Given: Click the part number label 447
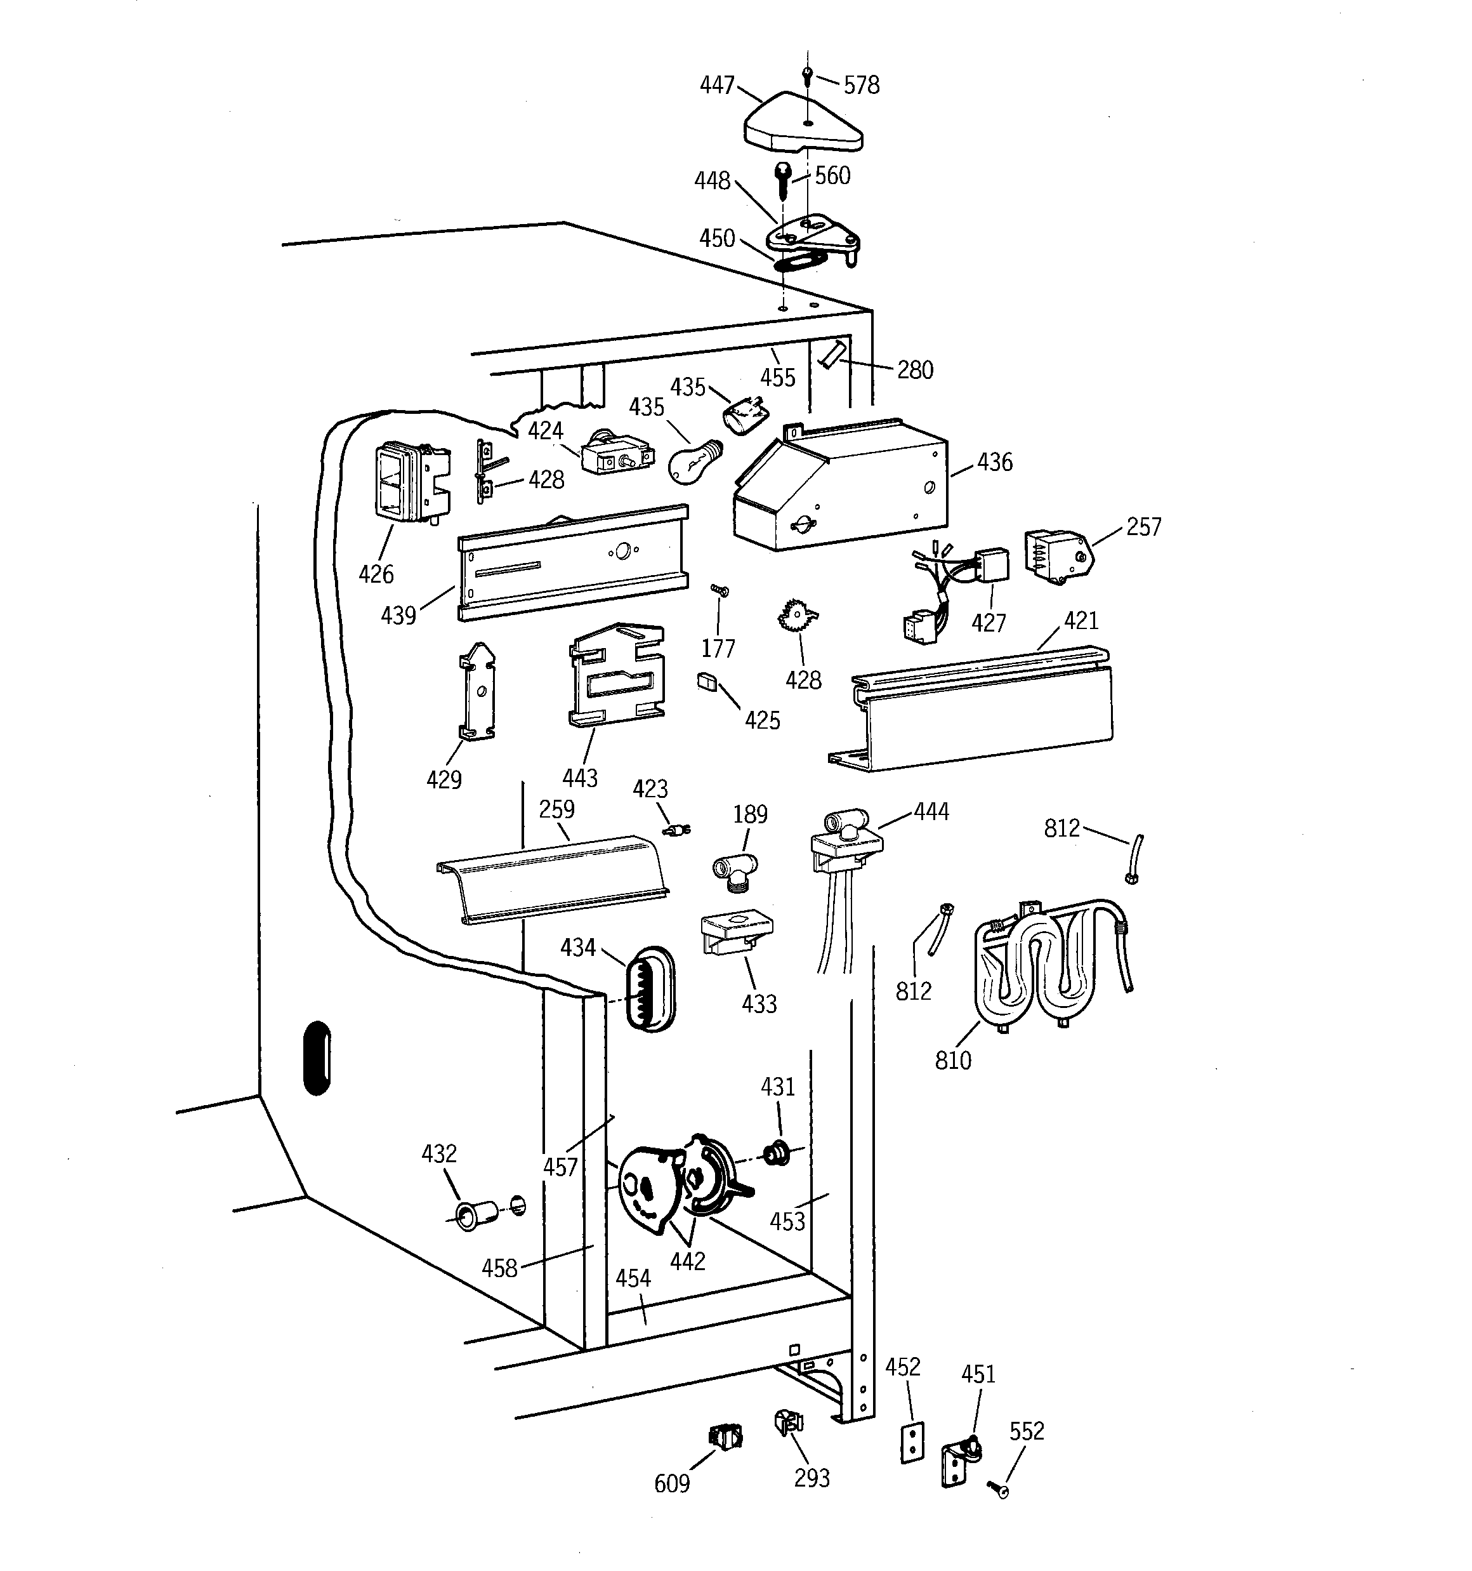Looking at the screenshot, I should coord(716,85).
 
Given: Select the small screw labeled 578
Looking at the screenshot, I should coord(806,76).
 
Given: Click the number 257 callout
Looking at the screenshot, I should coord(1143,527).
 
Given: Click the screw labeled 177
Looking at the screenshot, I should coord(719,590).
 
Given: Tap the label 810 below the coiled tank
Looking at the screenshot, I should coord(953,1061).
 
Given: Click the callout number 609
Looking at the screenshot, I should coord(672,1484).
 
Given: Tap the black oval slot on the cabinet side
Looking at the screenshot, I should coord(317,1058).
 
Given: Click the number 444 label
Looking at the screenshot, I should coord(931,812).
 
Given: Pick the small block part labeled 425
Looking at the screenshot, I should coord(706,681).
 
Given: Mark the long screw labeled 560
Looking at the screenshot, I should coord(784,181).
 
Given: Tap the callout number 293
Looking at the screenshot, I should coord(812,1478).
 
